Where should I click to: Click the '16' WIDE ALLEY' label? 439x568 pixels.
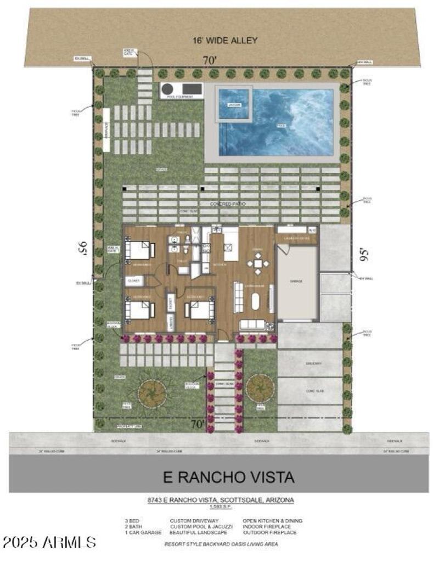224,40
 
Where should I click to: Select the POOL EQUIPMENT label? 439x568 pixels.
181,97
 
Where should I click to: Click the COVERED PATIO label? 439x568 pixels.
228,204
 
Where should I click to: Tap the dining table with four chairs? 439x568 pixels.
257,264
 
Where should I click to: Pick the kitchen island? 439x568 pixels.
230,245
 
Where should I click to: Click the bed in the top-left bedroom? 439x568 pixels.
139,250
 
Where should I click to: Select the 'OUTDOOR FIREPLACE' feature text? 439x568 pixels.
269,532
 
